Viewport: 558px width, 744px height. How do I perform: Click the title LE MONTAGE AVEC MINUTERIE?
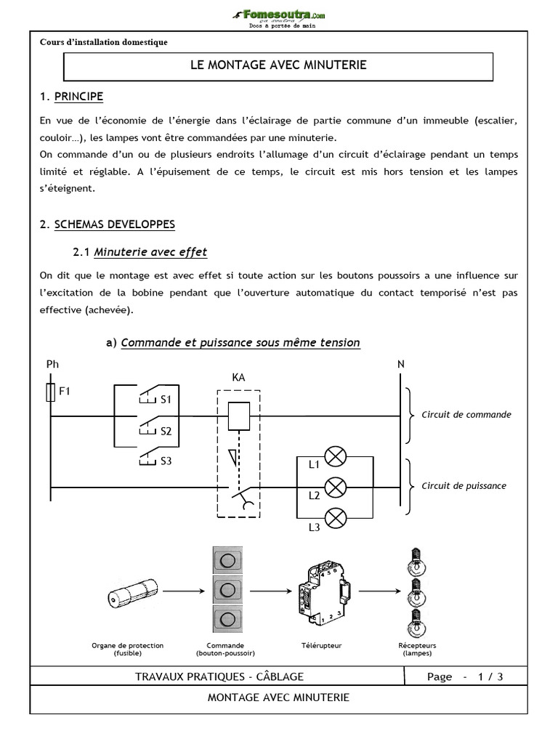[278, 65]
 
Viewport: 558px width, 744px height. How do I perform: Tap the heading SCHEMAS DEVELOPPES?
[114, 225]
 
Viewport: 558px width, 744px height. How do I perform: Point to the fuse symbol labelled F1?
[49, 393]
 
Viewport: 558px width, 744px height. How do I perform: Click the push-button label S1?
[166, 399]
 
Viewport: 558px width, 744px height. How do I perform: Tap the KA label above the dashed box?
[238, 378]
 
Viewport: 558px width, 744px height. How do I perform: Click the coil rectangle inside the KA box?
[238, 416]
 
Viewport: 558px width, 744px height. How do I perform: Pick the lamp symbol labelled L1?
[335, 457]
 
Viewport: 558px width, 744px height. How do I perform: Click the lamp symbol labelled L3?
[335, 517]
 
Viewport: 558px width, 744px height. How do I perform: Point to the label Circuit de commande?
[466, 415]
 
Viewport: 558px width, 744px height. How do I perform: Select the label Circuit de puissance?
[464, 486]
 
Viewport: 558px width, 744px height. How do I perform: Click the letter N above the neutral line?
[401, 364]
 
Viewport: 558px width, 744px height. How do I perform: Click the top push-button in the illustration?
[227, 561]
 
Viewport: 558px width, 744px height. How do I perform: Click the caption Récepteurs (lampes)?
[417, 649]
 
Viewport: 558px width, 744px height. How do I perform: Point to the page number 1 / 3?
[490, 676]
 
